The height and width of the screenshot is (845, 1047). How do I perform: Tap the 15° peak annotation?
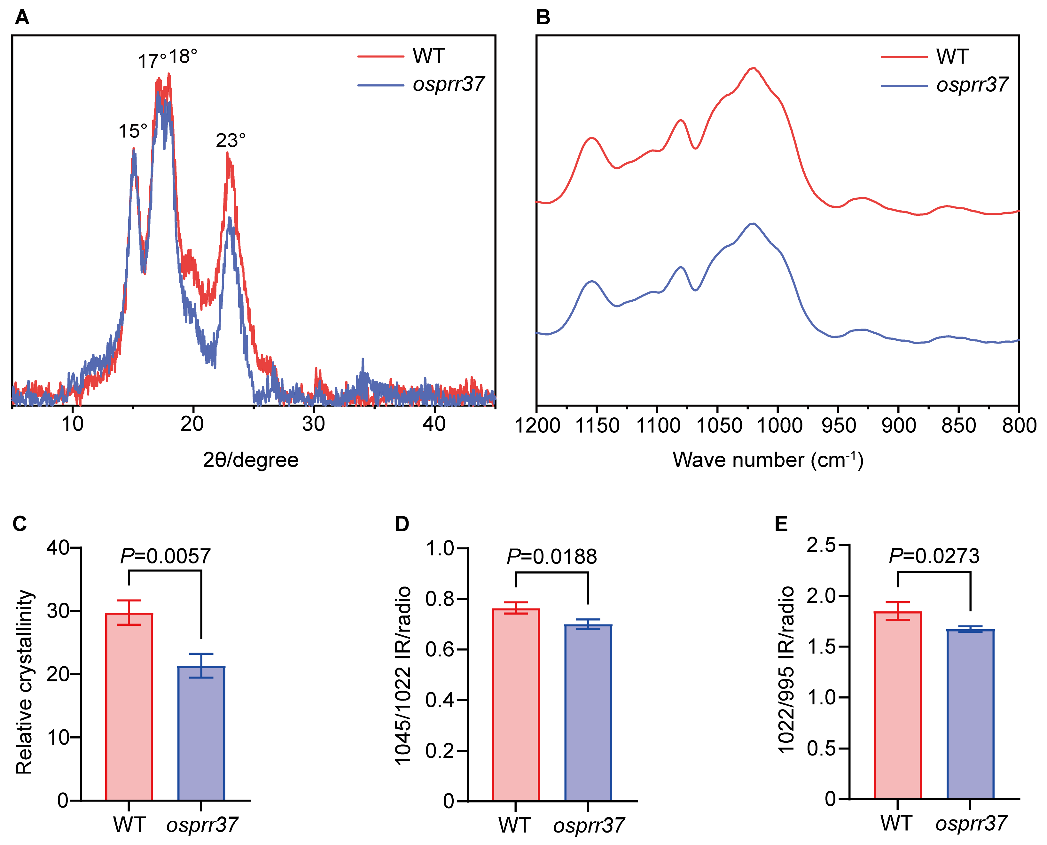[132, 131]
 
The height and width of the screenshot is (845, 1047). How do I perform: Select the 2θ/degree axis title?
[250, 460]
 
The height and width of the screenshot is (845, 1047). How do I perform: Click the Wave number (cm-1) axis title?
[768, 460]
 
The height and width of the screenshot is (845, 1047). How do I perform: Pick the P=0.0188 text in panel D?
[552, 556]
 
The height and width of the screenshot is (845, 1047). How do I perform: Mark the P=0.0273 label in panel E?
[934, 556]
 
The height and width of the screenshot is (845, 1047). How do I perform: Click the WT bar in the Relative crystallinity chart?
[129, 706]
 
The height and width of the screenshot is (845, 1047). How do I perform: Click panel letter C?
[20, 524]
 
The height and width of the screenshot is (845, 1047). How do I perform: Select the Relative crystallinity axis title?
[24, 681]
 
